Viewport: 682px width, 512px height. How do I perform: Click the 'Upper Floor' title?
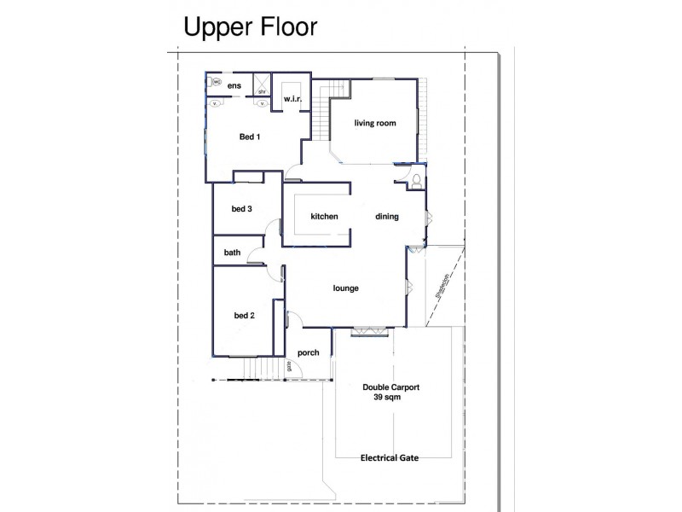(x=250, y=27)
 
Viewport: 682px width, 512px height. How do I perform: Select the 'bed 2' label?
(x=245, y=316)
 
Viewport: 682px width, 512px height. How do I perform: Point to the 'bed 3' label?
(x=242, y=209)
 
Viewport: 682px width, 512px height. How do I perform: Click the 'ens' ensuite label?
(x=234, y=86)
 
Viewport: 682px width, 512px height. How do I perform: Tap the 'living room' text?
(x=375, y=124)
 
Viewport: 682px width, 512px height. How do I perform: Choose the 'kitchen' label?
(x=324, y=217)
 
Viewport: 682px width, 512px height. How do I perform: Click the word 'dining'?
(x=387, y=217)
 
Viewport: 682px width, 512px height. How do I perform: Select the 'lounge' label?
(x=345, y=288)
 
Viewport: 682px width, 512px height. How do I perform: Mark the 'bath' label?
(x=232, y=253)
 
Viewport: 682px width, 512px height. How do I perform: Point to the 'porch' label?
(x=308, y=352)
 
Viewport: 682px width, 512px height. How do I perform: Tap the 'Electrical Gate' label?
(x=390, y=457)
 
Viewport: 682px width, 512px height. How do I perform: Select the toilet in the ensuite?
(x=217, y=83)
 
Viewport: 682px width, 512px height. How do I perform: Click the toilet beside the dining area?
(x=415, y=181)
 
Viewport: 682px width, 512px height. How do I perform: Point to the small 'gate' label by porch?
(x=290, y=367)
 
